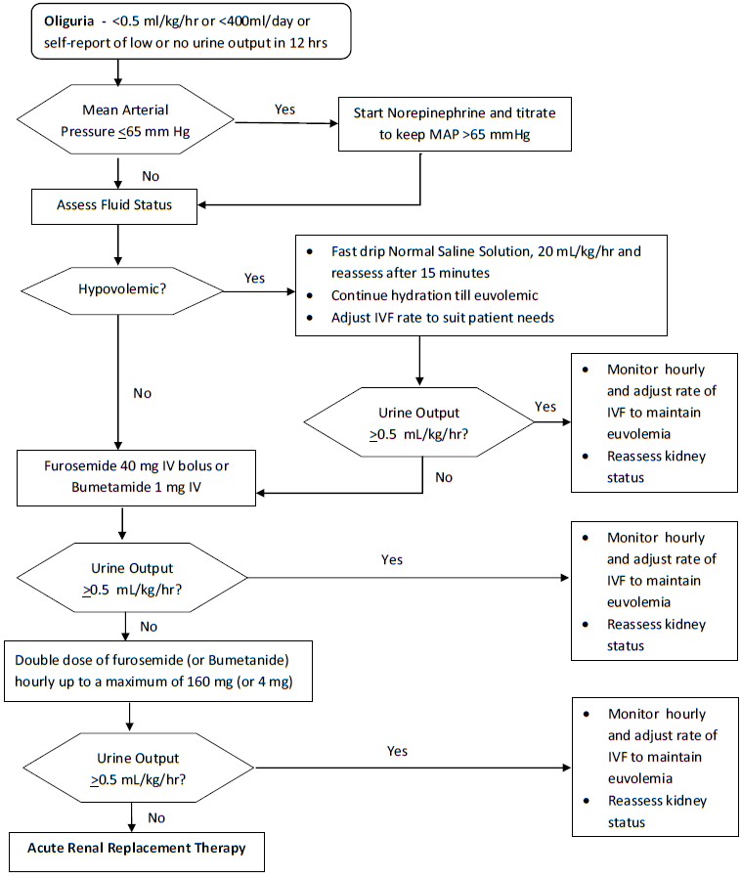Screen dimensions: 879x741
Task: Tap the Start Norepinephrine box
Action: (x=454, y=123)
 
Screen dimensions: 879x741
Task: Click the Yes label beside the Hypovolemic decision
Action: (x=254, y=278)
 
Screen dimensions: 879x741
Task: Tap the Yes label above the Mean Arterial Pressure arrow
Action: (x=284, y=110)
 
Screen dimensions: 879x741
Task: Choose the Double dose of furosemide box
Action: (x=157, y=671)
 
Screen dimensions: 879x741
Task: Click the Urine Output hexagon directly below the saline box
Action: (x=419, y=422)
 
